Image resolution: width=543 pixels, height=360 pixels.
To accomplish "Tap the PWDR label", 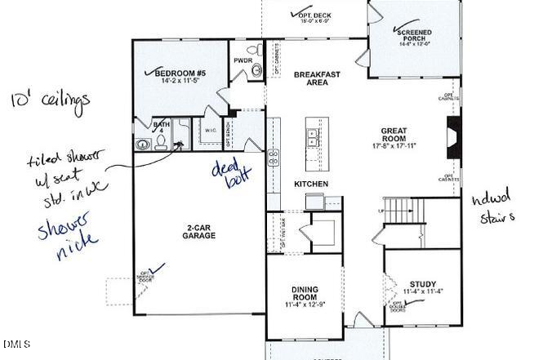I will click(243, 60).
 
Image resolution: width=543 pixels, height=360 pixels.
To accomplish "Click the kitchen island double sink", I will click(312, 136).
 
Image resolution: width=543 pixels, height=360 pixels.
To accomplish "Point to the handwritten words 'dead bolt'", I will click(231, 174).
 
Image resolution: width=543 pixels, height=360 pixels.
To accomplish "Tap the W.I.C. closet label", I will click(210, 130).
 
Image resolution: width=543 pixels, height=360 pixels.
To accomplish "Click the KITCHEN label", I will click(311, 184).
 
